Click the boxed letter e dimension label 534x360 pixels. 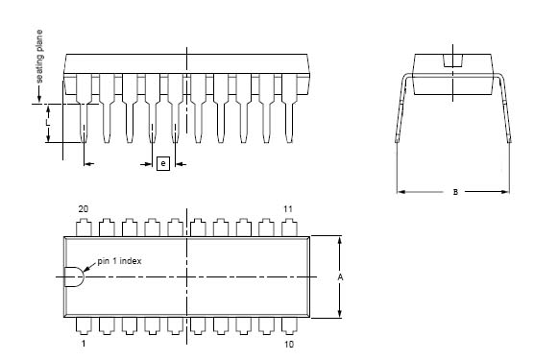point(163,163)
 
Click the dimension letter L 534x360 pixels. point(48,123)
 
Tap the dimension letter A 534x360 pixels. point(340,277)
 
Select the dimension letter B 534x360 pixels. point(455,192)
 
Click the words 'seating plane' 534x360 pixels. point(39,56)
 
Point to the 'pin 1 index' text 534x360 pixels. point(119,261)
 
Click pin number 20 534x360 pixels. point(84,209)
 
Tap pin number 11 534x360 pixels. point(288,209)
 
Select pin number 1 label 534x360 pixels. point(84,344)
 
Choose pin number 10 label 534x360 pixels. point(289,344)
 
